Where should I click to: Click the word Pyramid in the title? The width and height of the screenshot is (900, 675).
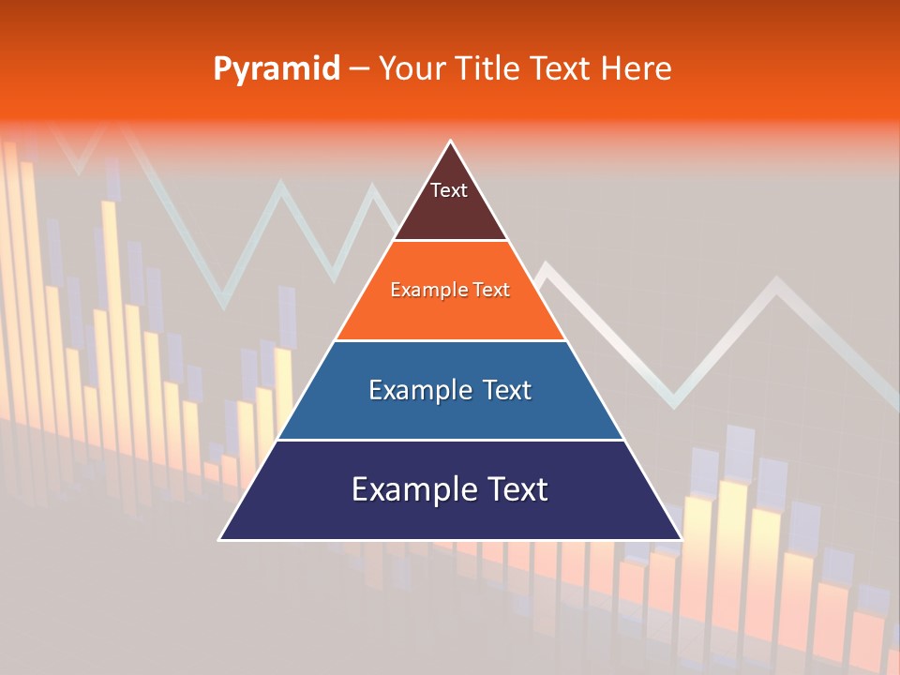(276, 69)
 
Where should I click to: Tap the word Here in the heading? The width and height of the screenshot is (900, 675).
(636, 68)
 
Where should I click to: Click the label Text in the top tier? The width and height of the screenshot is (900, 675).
(449, 190)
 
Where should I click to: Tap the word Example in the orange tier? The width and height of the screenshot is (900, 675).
(426, 290)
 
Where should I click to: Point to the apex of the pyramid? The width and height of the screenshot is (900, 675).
(451, 142)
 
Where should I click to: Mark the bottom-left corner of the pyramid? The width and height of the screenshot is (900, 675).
(220, 539)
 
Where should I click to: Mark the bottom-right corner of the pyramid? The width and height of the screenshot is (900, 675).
(681, 539)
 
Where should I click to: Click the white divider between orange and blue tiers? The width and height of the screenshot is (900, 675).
(450, 340)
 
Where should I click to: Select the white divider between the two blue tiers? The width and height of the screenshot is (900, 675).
(450, 440)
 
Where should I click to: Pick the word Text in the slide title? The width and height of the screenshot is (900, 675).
(562, 68)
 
